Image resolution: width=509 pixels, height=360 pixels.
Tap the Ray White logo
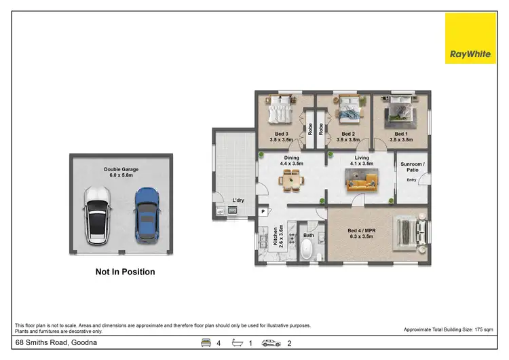pos(470,39)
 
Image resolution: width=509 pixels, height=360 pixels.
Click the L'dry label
pos(238,200)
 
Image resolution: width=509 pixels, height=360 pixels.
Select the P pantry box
pos(263,212)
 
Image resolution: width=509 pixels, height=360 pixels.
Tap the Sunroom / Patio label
pos(412,168)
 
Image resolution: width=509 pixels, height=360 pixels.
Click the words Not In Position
pos(125,272)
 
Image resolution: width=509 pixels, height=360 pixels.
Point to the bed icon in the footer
pos(206,343)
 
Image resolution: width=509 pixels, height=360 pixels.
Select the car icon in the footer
pos(271,343)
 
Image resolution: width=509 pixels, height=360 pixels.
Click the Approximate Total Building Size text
pos(449,329)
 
